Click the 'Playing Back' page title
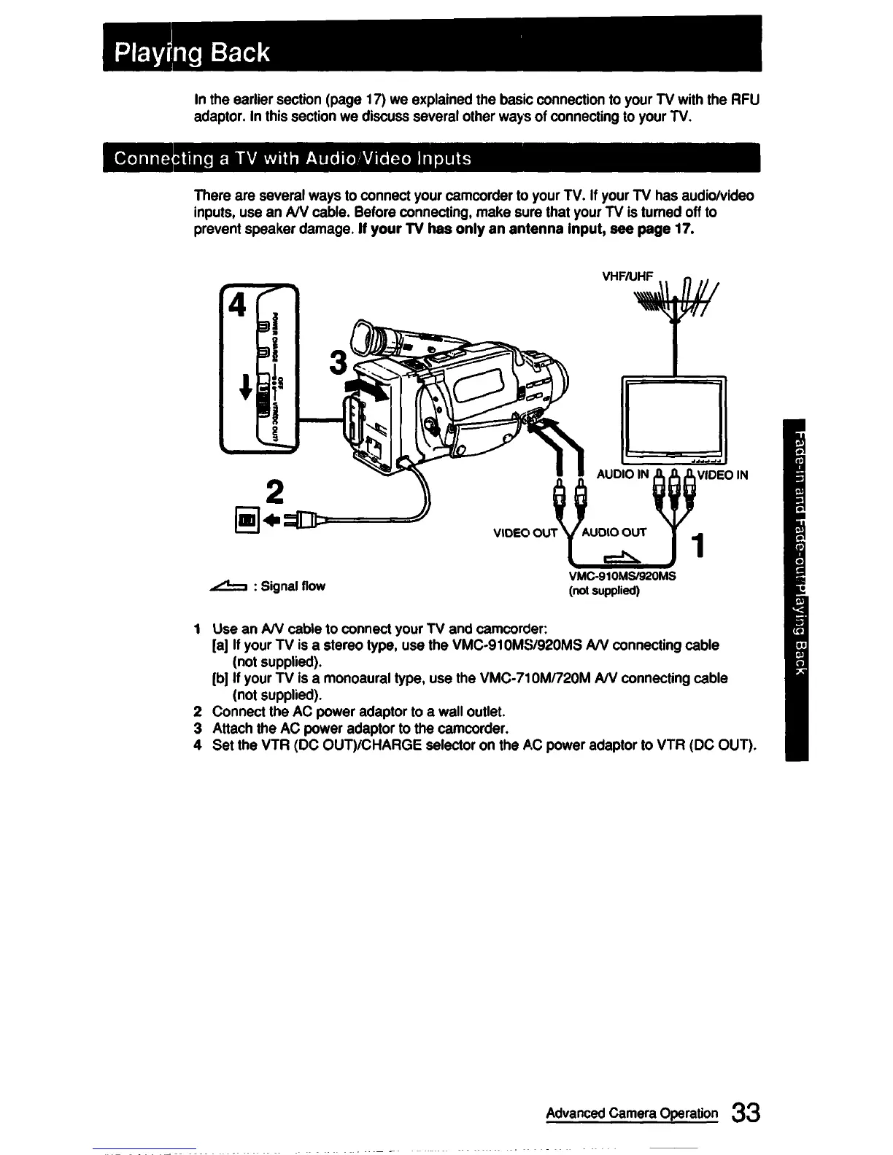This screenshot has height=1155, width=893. tap(194, 52)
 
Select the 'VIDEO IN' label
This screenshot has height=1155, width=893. tap(722, 475)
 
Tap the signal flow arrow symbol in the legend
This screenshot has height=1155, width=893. tap(228, 585)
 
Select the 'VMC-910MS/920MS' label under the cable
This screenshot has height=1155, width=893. tap(622, 576)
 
